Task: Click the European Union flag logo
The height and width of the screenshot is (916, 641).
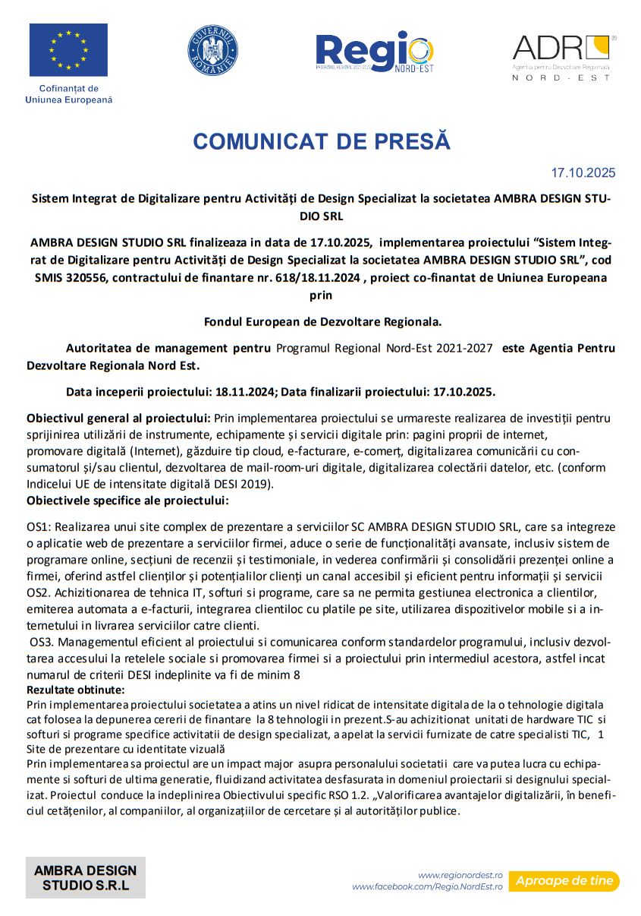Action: [x=68, y=50]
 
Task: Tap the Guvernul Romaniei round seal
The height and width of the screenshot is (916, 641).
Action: [x=212, y=50]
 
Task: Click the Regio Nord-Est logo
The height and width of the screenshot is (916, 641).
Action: [x=375, y=52]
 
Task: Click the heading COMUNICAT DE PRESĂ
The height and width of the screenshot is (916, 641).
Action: [x=322, y=141]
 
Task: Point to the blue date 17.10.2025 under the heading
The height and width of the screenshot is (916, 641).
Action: [x=583, y=172]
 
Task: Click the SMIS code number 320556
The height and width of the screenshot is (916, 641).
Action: [x=87, y=277]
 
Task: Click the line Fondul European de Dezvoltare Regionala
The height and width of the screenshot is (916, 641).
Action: [x=322, y=321]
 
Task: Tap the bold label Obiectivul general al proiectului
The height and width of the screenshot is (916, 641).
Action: [x=118, y=418]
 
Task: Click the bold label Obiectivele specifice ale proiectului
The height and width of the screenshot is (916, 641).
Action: [x=127, y=501]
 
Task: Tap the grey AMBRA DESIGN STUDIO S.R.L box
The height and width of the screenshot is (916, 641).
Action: [x=86, y=877]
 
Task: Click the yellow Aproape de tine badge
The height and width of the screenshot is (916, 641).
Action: [x=564, y=881]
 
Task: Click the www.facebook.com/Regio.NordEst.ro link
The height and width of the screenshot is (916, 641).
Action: [x=427, y=886]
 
